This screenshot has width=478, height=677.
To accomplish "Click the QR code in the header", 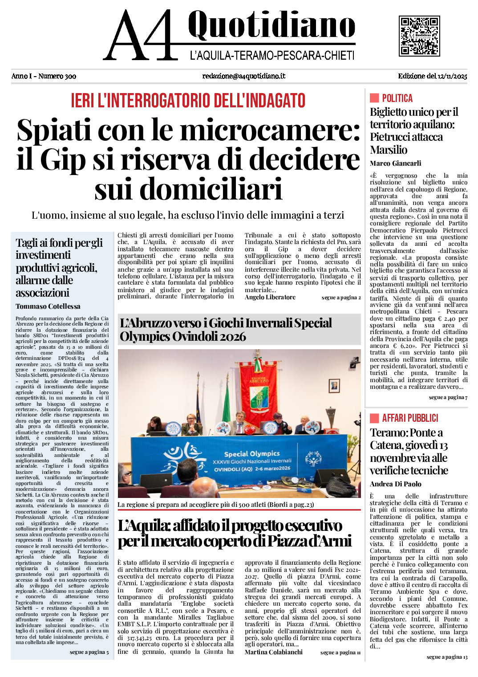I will pyautogui.click(x=419, y=36).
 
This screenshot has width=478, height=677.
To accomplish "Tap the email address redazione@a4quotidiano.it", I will pyautogui.click(x=243, y=76).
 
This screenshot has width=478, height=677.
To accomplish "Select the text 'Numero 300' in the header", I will pyautogui.click(x=57, y=76).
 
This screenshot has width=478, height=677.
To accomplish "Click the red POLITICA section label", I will pyautogui.click(x=397, y=98).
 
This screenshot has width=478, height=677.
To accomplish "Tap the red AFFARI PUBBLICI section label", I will pyautogui.click(x=410, y=418).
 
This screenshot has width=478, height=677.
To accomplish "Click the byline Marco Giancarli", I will pyautogui.click(x=395, y=163).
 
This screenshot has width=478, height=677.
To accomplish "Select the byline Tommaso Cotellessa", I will pyautogui.click(x=48, y=306).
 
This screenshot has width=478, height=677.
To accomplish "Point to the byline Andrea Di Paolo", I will pyautogui.click(x=395, y=484).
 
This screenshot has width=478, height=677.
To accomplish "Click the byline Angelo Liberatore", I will pyautogui.click(x=270, y=298).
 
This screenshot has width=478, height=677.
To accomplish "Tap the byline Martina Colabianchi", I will pyautogui.click(x=273, y=652).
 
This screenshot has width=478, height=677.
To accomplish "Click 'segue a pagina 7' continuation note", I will pyautogui.click(x=448, y=397).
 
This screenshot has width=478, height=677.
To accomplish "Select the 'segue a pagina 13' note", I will pyautogui.click(x=447, y=657).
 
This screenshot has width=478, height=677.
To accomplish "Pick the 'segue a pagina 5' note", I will pyautogui.click(x=89, y=652).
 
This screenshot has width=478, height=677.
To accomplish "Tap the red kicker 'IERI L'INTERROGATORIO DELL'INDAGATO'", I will pyautogui.click(x=188, y=101).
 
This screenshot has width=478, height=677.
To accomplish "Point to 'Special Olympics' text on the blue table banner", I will pyautogui.click(x=252, y=454).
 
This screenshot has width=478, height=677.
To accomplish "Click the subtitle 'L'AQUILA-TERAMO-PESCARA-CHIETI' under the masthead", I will pyautogui.click(x=272, y=56).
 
